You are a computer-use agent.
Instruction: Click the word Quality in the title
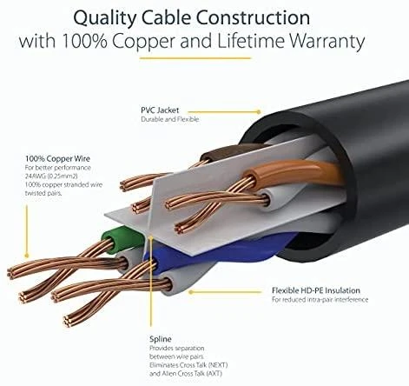pyautogui.click(x=104, y=18)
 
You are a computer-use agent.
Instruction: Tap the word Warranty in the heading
pyautogui.click(x=327, y=41)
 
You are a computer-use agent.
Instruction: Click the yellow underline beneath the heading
pyautogui.click(x=195, y=58)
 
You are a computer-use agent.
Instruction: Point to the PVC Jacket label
pyautogui.click(x=160, y=110)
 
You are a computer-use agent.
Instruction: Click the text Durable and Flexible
pyautogui.click(x=170, y=119)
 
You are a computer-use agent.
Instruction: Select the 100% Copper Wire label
pyautogui.click(x=57, y=158)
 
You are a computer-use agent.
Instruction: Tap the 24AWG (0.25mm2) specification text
pyautogui.click(x=51, y=176)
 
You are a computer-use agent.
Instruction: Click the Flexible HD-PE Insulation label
pyautogui.click(x=316, y=290)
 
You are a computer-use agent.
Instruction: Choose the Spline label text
pyautogui.click(x=161, y=339)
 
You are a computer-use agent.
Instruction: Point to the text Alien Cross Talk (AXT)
pyautogui.click(x=191, y=374)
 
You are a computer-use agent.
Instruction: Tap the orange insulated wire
pyautogui.click(x=293, y=173)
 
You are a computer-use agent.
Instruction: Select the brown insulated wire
pyautogui.click(x=228, y=153)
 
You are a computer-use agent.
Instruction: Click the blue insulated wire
pyautogui.click(x=220, y=254)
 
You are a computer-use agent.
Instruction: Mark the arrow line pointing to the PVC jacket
pyautogui.click(x=224, y=111)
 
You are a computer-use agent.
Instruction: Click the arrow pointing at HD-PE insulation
pyautogui.click(x=224, y=292)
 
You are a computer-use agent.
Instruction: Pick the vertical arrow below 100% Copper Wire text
pyautogui.click(x=27, y=231)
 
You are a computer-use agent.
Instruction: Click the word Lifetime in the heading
pyautogui.click(x=251, y=41)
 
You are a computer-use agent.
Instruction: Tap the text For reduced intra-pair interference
pyautogui.click(x=320, y=299)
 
